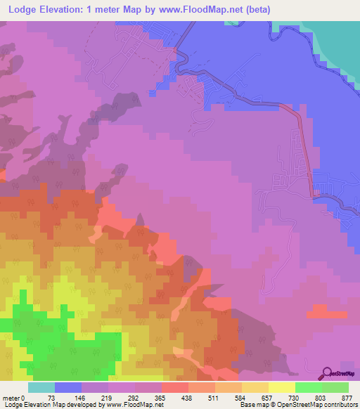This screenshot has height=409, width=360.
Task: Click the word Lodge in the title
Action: point(23,10)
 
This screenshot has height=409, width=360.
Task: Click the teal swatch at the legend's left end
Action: point(41,387)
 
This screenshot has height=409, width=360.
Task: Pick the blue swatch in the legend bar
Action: point(68,387)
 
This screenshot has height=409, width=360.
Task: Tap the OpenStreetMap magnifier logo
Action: point(326,373)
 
